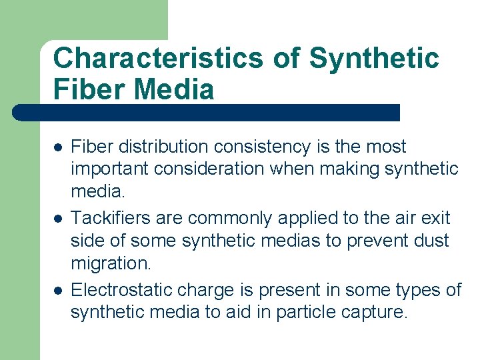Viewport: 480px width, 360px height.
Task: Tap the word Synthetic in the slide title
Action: pos(374,59)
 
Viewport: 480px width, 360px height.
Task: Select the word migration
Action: pos(111,263)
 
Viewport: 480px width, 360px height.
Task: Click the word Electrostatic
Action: pos(119,290)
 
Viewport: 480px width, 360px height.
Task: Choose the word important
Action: pos(110,169)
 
